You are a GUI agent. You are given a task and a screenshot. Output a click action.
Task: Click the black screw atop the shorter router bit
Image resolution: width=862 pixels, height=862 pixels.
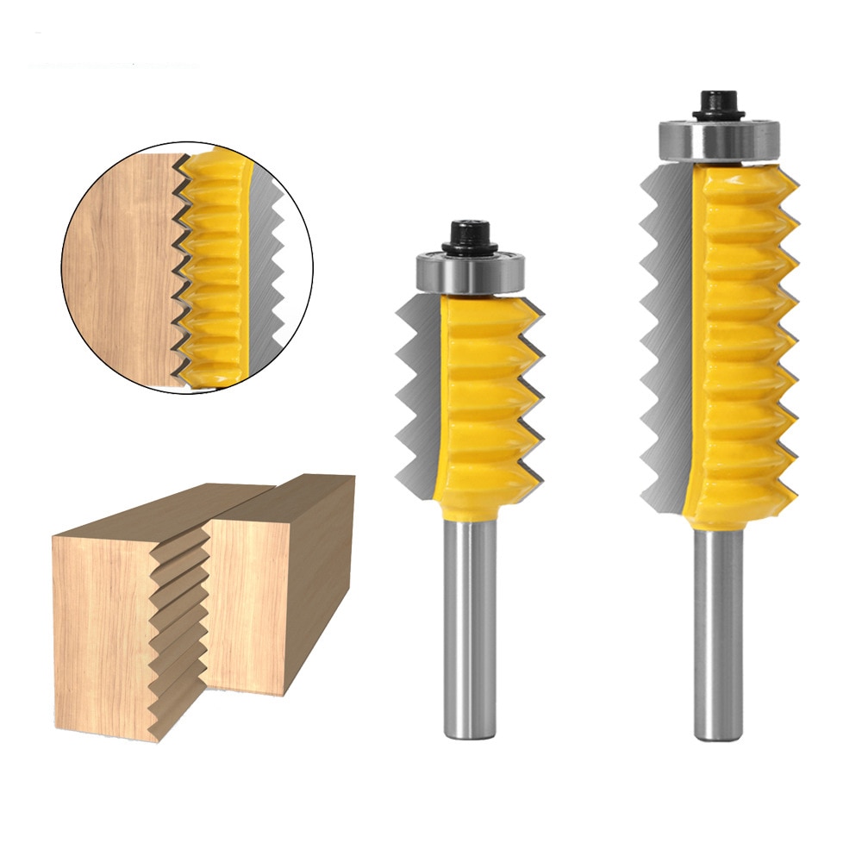coord(470,235)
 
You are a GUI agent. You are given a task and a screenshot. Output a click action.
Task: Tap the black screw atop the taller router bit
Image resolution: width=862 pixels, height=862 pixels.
coord(719,103)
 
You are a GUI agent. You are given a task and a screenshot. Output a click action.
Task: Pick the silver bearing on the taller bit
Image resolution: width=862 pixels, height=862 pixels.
coord(720,141)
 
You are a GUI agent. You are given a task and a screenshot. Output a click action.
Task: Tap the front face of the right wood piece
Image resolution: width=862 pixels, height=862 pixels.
coord(250,603)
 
